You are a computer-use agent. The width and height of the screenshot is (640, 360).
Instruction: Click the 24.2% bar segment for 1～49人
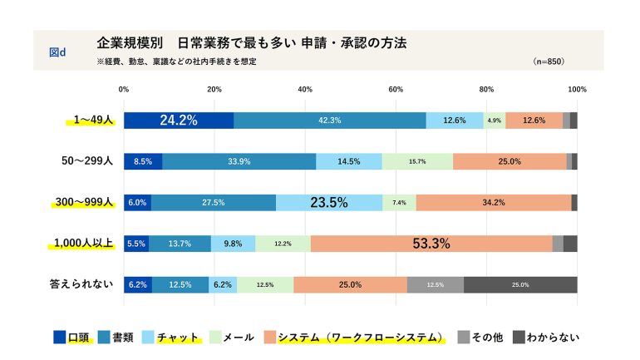[179, 120]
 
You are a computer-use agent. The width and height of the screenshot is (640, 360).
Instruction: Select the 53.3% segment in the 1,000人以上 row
[431, 244]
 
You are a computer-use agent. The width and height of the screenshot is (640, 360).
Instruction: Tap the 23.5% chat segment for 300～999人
[329, 202]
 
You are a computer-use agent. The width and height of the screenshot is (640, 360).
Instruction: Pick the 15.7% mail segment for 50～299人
[417, 161]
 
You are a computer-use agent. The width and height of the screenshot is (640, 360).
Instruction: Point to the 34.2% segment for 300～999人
[494, 202]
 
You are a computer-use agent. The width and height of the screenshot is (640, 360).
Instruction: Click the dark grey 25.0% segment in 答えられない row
[520, 284]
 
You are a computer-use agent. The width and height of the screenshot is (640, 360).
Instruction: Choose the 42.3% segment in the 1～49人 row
[330, 120]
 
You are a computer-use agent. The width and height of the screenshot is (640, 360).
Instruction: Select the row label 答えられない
[81, 284]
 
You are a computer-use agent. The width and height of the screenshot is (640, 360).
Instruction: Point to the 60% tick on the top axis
[396, 89]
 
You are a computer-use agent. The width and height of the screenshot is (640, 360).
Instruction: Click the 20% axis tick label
[214, 89]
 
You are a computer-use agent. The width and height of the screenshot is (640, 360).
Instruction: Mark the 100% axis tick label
[577, 89]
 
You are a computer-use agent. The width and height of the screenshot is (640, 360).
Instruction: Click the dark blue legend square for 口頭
[60, 337]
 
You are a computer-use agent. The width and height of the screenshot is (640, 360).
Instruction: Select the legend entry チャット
[179, 337]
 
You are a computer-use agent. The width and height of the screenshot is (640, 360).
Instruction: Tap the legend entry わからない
[553, 337]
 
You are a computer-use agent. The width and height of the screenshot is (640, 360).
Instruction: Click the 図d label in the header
[58, 52]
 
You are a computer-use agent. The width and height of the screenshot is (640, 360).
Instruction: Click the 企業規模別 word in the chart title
[127, 42]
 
